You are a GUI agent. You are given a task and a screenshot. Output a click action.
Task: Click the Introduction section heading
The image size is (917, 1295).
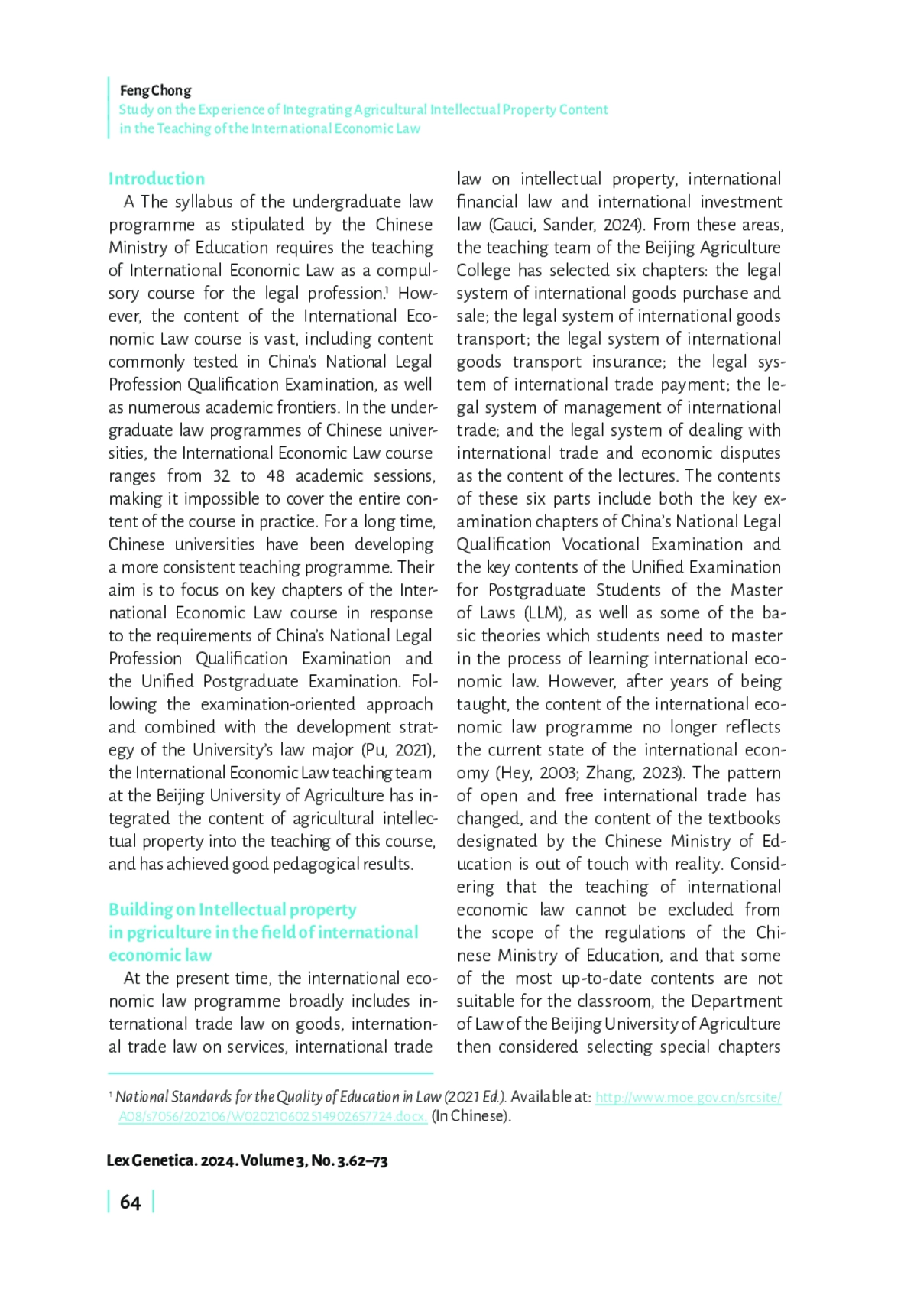tap(156, 179)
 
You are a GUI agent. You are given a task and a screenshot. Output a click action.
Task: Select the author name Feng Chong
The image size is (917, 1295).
tap(155, 90)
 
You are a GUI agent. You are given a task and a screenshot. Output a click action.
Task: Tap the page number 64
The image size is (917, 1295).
tap(130, 1202)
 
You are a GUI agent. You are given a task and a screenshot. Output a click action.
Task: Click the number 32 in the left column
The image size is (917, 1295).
tap(221, 476)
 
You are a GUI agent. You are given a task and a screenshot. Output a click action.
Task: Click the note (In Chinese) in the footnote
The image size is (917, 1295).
tap(471, 1116)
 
